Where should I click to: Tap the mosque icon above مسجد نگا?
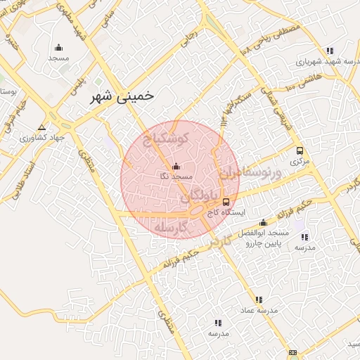click(x=176, y=167)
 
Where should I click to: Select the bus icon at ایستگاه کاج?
click(x=225, y=201)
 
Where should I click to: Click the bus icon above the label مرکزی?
click(x=300, y=150)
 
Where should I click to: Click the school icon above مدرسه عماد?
click(x=259, y=299)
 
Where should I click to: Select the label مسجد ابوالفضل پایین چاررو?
click(x=264, y=240)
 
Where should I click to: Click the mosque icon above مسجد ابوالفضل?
click(x=264, y=222)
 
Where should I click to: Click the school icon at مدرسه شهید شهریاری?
click(x=330, y=51)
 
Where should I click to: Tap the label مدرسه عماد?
click(x=259, y=309)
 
